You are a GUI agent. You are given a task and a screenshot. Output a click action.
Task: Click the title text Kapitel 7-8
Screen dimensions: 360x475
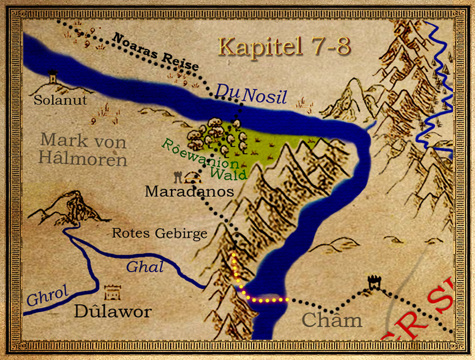[284, 47]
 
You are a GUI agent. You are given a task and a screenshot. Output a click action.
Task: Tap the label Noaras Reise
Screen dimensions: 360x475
[156, 53]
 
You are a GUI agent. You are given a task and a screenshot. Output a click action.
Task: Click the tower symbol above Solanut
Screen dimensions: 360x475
[53, 77]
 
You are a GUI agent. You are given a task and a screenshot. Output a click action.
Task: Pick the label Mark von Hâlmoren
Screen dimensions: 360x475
[83, 150]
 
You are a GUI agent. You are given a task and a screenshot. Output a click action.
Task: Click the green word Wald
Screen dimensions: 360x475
[229, 173]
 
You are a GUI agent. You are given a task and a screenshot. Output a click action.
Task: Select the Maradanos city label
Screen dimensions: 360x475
[190, 191]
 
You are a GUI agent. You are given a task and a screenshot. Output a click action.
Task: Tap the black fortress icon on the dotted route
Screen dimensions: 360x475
[374, 282]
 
